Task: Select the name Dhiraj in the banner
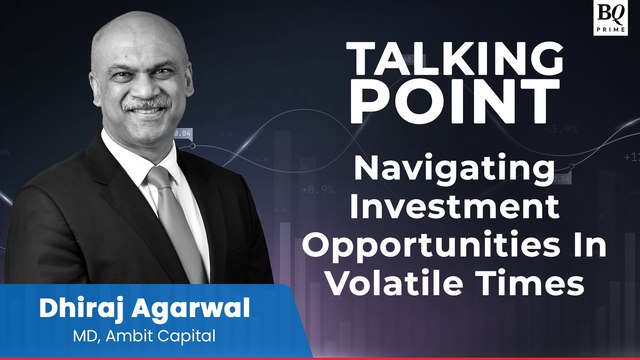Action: [x=57, y=308]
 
